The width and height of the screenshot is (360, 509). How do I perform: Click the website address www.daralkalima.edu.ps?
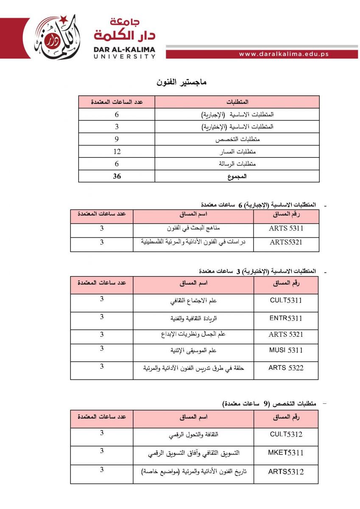coord(284,54)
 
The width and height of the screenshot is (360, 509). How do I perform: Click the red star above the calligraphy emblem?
coord(63,19)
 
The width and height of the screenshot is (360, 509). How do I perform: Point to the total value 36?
coord(117,176)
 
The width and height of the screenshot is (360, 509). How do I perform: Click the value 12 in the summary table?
coord(117,151)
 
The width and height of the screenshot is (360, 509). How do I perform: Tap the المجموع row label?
coord(237,176)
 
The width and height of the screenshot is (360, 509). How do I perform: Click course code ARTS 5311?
coord(286,229)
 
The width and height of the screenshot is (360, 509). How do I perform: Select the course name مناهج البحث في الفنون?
coord(193,229)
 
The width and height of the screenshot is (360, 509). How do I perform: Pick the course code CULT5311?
coord(286,300)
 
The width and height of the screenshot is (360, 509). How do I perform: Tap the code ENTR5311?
coord(286,318)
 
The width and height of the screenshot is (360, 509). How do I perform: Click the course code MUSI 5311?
coord(286,350)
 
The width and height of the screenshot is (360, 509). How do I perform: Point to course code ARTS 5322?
coord(286,368)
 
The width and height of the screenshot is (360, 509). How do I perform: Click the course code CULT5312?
coord(286,434)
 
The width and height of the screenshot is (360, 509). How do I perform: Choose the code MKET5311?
coord(286,453)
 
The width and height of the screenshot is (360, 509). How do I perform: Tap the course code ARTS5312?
coord(286,471)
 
